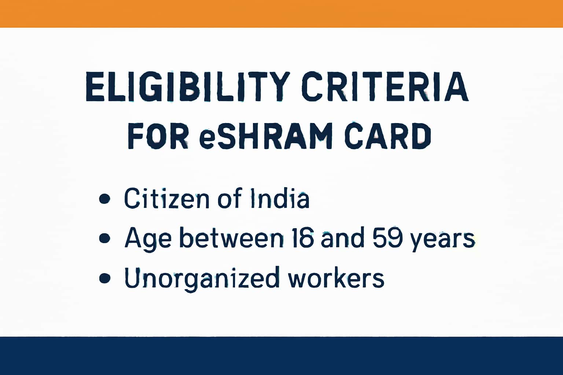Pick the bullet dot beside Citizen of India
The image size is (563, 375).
click(105, 199)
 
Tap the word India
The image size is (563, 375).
click(280, 198)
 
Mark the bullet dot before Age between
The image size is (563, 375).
click(105, 238)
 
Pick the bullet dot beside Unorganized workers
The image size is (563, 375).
click(105, 278)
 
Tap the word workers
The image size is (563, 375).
click(336, 278)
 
